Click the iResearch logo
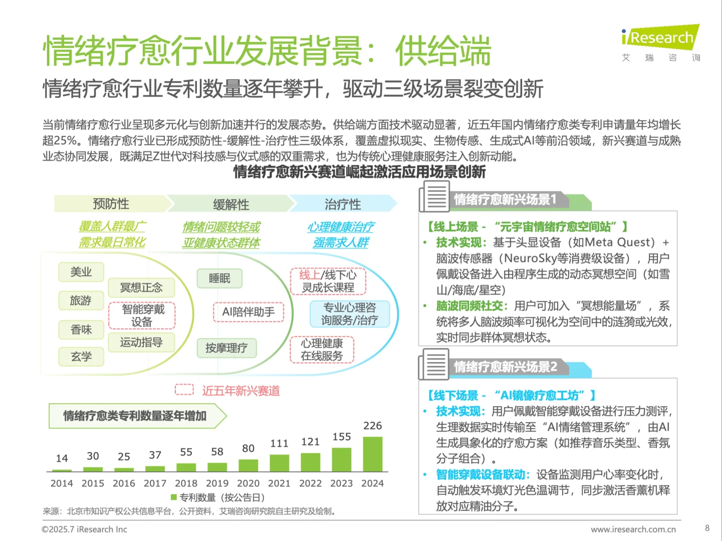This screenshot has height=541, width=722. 660,38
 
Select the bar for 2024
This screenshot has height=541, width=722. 372,454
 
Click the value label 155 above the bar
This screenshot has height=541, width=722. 342,437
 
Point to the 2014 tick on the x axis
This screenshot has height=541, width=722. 62,483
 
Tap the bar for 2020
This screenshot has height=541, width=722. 249,465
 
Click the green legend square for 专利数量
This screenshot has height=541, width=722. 174,497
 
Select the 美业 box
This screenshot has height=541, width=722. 81,272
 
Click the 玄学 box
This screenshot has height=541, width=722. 81,357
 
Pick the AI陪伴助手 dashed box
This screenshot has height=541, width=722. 249,312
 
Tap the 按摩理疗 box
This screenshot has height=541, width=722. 226,348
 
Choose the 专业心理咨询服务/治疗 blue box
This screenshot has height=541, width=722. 349,314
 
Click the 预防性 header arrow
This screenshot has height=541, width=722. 111,204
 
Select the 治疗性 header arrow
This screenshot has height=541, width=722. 343,204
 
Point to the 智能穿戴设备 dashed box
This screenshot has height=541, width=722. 142,316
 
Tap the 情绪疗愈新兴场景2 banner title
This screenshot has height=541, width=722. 505,367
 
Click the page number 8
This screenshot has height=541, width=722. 707,528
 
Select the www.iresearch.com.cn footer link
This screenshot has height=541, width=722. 633,529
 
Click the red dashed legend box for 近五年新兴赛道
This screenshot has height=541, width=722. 184,390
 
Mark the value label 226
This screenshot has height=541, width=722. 372,426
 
